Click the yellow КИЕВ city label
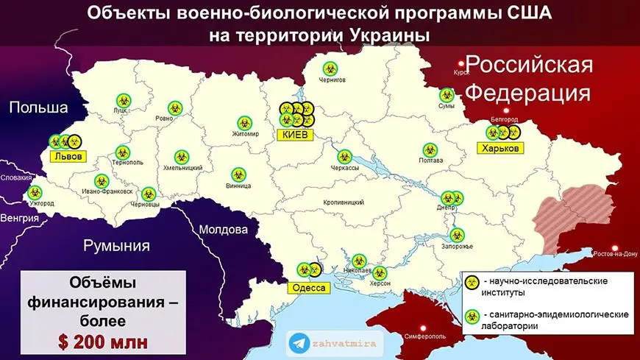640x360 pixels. [x=296, y=135]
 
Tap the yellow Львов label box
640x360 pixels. [x=66, y=156]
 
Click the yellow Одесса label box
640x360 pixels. [x=309, y=288]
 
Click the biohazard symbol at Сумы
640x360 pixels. [x=446, y=95]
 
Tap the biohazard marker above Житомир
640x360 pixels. [x=245, y=122]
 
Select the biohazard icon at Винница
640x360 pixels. [x=238, y=174]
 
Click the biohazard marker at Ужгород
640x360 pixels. [x=35, y=192]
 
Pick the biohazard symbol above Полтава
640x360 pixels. [x=429, y=149]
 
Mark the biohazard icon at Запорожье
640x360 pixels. [x=457, y=236]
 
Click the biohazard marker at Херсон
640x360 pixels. [x=380, y=272]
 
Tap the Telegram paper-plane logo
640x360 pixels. [x=298, y=342]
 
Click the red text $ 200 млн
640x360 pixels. [x=93, y=341]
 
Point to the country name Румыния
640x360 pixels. [x=116, y=246]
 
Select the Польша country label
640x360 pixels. [x=38, y=107]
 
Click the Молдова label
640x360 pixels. [x=223, y=230]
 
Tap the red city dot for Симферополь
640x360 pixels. [x=422, y=327]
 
